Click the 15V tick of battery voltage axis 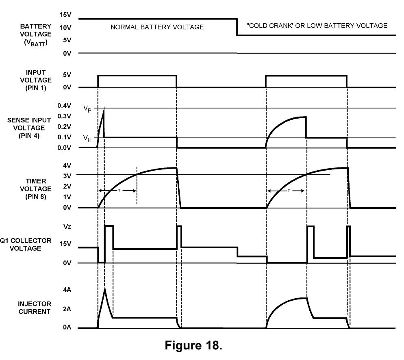coord(65,15)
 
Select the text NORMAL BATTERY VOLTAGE coord(157,27)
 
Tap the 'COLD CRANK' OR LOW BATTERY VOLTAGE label coord(317,26)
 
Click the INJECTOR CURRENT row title coord(35,308)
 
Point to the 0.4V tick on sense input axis coord(64,106)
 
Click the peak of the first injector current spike coord(105,288)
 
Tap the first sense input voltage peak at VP coord(104,108)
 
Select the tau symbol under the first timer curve coord(120,191)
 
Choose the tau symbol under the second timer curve coord(289,191)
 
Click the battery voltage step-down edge coord(237,27)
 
